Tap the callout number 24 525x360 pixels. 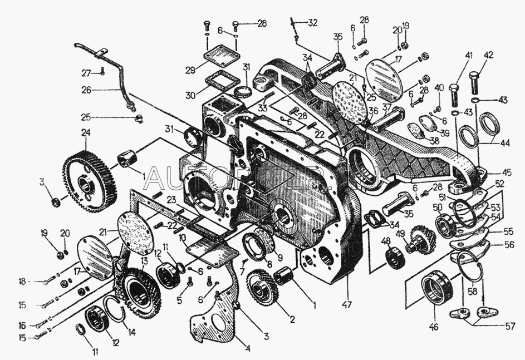[x=85, y=133]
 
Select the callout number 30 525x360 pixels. [x=191, y=95]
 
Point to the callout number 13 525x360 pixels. [x=144, y=261]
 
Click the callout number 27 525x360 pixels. [x=86, y=73]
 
